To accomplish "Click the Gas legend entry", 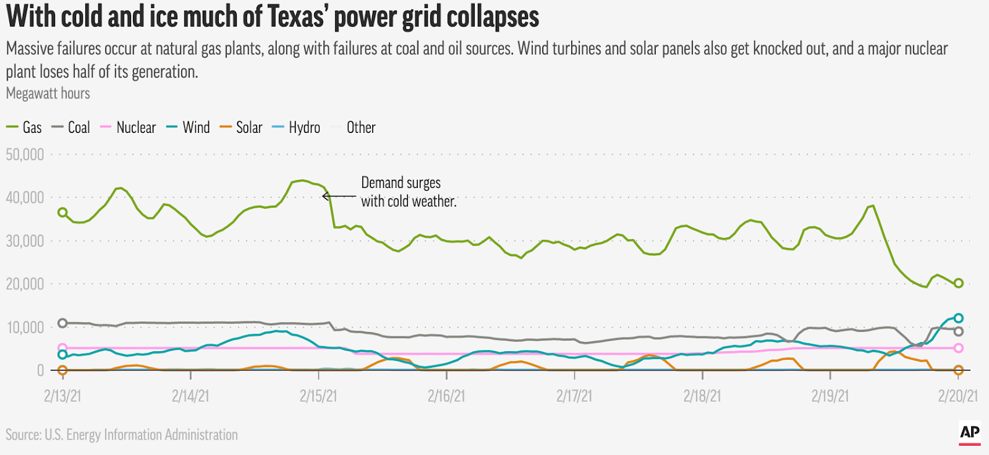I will pos(25,128).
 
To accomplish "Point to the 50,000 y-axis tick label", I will pos(25,155).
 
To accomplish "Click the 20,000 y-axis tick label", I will pos(25,284).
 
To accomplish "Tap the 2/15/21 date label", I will pos(318,396).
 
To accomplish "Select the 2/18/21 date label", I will pos(702,396).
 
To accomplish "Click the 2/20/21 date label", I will pos(957,396).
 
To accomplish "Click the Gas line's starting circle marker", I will pos(62,212).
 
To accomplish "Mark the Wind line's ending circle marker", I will pos(959,318).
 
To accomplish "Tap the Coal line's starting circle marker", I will pos(62,323).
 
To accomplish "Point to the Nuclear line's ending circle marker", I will pos(959,348).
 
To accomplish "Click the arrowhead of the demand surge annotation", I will pos(325,197).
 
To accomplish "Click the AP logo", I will pos(970,433).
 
